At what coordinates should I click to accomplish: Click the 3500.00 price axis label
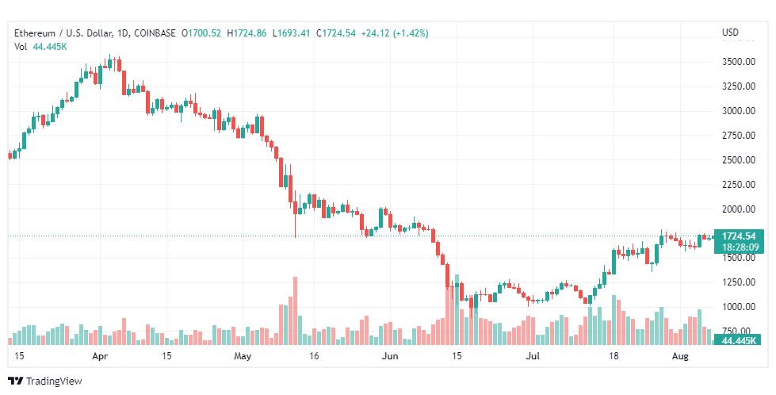pyautogui.click(x=739, y=62)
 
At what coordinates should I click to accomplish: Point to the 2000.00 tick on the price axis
pyautogui.click(x=739, y=209)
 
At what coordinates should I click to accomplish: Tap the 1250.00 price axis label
pyautogui.click(x=739, y=282)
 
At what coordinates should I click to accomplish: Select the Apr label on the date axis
pyautogui.click(x=101, y=356)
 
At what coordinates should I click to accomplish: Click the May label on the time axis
pyautogui.click(x=243, y=356)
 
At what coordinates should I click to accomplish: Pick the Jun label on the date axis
pyautogui.click(x=391, y=356)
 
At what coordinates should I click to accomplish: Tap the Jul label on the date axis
pyautogui.click(x=533, y=356)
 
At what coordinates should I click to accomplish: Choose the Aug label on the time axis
pyautogui.click(x=680, y=356)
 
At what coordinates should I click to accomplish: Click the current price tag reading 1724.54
pyautogui.click(x=739, y=236)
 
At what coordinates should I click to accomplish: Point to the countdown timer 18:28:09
pyautogui.click(x=739, y=247)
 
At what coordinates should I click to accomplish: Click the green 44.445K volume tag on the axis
pyautogui.click(x=738, y=340)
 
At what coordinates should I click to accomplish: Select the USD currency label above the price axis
pyautogui.click(x=730, y=33)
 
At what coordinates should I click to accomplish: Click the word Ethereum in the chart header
pyautogui.click(x=35, y=33)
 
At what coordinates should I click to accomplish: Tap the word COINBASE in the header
pyautogui.click(x=155, y=33)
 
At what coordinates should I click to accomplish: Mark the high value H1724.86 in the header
pyautogui.click(x=247, y=33)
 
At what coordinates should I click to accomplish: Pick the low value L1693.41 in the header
pyautogui.click(x=293, y=33)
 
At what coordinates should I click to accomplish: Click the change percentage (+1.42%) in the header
pyautogui.click(x=411, y=33)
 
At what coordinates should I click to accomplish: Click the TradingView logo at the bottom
pyautogui.click(x=45, y=381)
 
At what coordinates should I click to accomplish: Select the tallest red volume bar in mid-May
pyautogui.click(x=296, y=310)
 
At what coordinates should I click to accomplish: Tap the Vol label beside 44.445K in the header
pyautogui.click(x=21, y=47)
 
